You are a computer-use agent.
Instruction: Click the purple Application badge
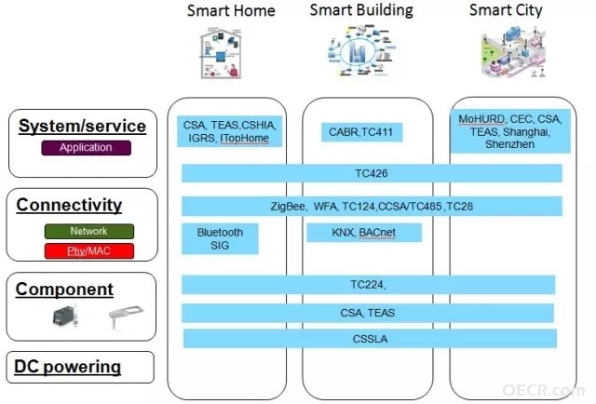pyautogui.click(x=87, y=148)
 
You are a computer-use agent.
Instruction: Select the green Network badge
pyautogui.click(x=89, y=231)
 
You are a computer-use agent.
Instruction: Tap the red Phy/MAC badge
pyautogui.click(x=89, y=251)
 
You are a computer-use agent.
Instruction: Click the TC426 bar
pyautogui.click(x=372, y=173)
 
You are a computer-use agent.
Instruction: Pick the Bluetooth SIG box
pyautogui.click(x=220, y=238)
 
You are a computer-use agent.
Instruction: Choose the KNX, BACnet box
pyautogui.click(x=364, y=232)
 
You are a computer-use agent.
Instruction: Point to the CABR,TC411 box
pyautogui.click(x=361, y=132)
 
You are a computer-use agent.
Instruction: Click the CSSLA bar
pyautogui.click(x=370, y=339)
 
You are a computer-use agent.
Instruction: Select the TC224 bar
pyautogui.click(x=369, y=285)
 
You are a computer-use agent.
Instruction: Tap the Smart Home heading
pyautogui.click(x=231, y=10)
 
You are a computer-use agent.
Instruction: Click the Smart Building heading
pyautogui.click(x=361, y=10)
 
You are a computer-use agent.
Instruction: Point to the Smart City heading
pyautogui.click(x=506, y=10)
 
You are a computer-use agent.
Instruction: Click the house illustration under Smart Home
pyautogui.click(x=222, y=54)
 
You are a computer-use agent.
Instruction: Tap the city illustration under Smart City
pyautogui.click(x=514, y=52)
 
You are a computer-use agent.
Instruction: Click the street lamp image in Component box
pyautogui.click(x=126, y=316)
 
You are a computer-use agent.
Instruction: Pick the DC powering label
pyautogui.click(x=68, y=367)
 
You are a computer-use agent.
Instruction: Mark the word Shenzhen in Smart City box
pyautogui.click(x=509, y=144)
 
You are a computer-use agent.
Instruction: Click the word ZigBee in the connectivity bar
pyautogui.click(x=288, y=207)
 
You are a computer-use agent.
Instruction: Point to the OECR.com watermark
pyautogui.click(x=544, y=390)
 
